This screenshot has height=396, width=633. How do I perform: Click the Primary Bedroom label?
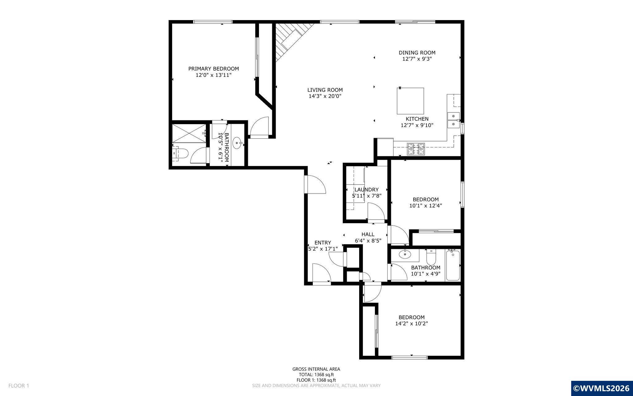pos(214,69)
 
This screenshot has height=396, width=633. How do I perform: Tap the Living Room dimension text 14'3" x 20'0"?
pos(325,96)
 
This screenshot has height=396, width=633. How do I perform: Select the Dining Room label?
pos(417,53)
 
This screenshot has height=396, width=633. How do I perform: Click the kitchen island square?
pos(410,101)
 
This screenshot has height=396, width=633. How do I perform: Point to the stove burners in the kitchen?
pos(416,149)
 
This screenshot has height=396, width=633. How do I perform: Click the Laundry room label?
pos(367,190)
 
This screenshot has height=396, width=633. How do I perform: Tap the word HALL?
pos(368,234)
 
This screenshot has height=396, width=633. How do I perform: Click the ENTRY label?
pos(323,243)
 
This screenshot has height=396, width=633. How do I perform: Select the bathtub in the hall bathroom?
pos(453,265)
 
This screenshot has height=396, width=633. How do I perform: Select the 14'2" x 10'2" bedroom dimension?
pos(411,324)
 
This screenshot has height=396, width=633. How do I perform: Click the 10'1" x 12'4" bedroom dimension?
pos(426,206)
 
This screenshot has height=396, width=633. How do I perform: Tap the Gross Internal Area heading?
pos(316,369)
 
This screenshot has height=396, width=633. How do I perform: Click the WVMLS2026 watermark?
pos(601,388)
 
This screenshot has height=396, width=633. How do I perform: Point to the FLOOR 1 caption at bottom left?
pos(19,386)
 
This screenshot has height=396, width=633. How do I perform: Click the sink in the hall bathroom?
pos(405,255)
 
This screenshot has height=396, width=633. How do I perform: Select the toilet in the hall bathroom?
pos(431,256)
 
